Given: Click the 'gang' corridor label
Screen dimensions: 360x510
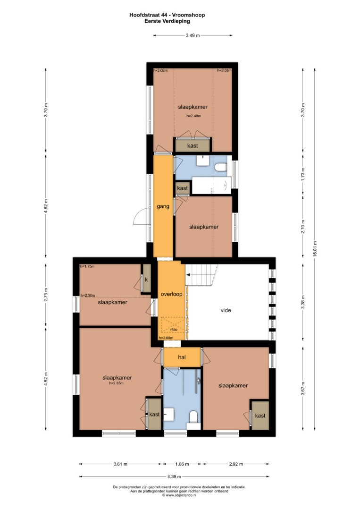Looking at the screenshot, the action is [x=163, y=206].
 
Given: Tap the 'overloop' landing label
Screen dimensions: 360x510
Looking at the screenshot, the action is [x=172, y=294].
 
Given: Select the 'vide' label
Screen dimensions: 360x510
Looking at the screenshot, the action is [x=226, y=310].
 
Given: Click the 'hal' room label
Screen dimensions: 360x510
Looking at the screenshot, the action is [x=182, y=357].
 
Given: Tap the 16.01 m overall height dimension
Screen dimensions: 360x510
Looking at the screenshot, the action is [x=315, y=249].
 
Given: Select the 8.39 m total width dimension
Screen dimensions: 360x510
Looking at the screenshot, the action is [x=174, y=477].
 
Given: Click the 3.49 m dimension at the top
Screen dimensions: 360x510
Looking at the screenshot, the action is [x=193, y=35].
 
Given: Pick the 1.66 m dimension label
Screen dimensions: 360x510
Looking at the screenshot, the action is [x=182, y=464].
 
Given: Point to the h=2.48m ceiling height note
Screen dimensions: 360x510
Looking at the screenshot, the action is [x=193, y=116].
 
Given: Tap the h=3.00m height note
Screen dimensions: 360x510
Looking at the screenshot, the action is [x=166, y=338].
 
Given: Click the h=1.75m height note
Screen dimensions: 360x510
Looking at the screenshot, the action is [x=87, y=266].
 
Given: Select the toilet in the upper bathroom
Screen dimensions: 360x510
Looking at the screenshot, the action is [x=221, y=167].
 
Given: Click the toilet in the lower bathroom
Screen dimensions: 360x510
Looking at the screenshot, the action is [x=193, y=417].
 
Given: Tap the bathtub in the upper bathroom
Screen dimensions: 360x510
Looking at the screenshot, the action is [x=211, y=186].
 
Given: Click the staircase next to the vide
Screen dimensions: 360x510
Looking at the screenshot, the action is [x=201, y=275].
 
